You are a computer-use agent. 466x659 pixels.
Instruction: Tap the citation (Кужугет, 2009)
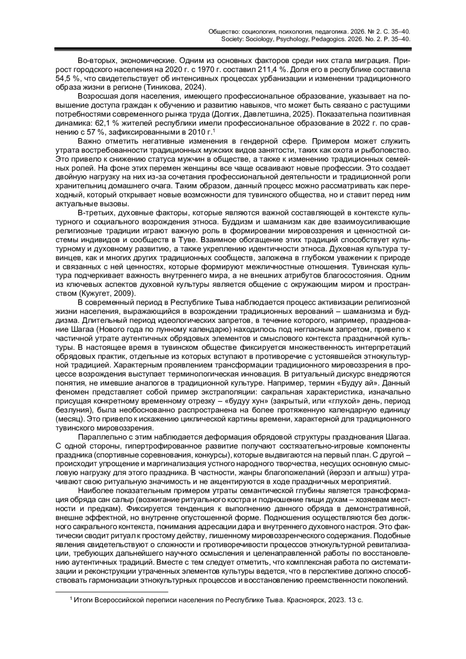click(x=107, y=293)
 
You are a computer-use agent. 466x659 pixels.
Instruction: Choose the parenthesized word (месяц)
click(x=70, y=419)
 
